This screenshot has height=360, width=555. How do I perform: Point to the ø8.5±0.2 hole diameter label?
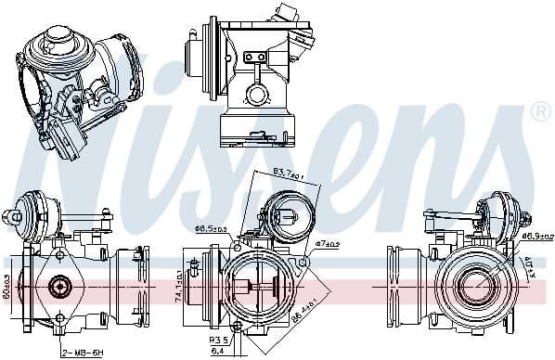209,226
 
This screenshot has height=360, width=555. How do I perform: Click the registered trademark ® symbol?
539,113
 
